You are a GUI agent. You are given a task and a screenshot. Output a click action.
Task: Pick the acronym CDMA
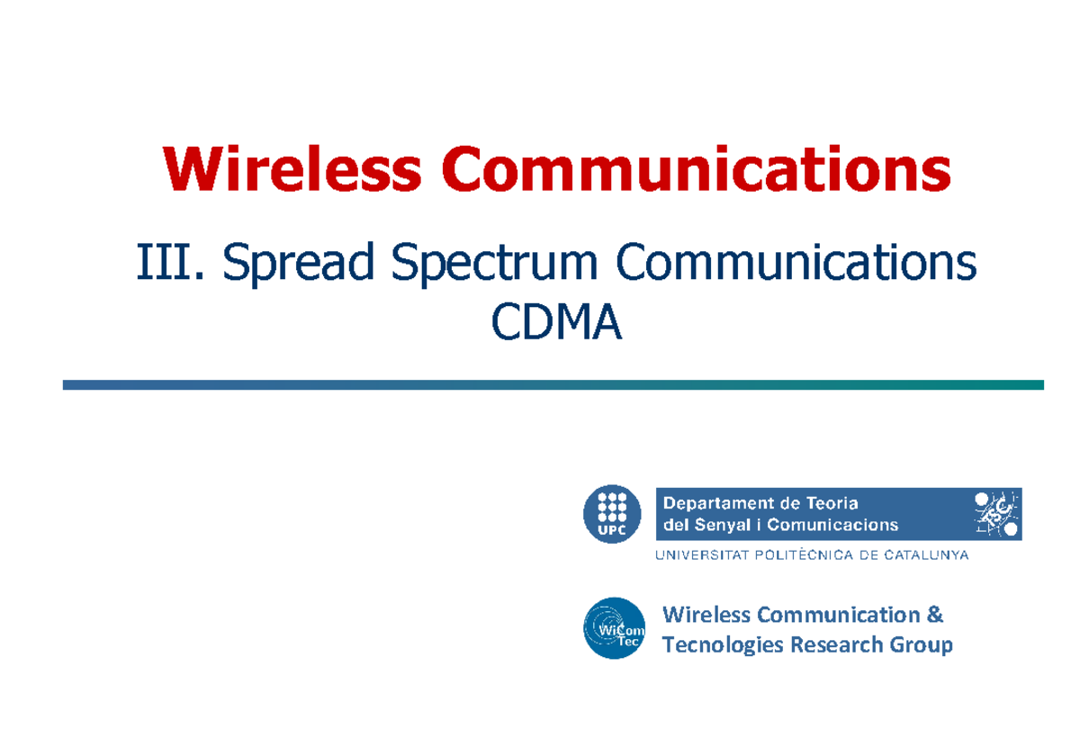click(556, 323)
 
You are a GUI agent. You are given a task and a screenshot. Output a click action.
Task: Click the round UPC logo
click(612, 515)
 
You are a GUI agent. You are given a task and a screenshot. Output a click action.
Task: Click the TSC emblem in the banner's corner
click(995, 514)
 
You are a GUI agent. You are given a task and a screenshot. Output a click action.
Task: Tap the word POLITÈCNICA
click(794, 555)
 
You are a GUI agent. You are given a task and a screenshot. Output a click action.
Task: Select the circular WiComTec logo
click(614, 629)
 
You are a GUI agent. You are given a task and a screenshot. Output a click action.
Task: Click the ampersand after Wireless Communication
click(935, 615)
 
